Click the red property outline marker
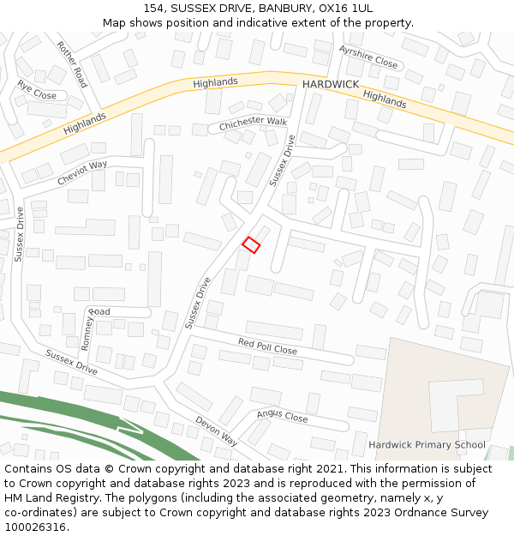pyautogui.click(x=251, y=244)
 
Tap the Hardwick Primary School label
pyautogui.click(x=427, y=445)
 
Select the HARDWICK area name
pyautogui.click(x=329, y=85)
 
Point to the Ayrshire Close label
pyautogui.click(x=368, y=57)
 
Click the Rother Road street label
pyautogui.click(x=72, y=64)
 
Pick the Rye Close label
pyautogui.click(x=37, y=90)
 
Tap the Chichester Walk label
pyautogui.click(x=253, y=123)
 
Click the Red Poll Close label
pyautogui.click(x=267, y=346)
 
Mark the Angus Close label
pyautogui.click(x=282, y=417)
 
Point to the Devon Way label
pyautogui.click(x=216, y=431)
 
